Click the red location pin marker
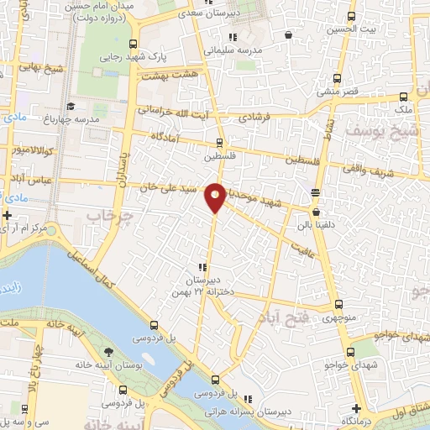(x=215, y=197)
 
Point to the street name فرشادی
(x=257, y=118)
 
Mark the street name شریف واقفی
(x=379, y=163)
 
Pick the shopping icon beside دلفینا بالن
(x=315, y=192)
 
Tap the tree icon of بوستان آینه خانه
(x=107, y=353)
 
